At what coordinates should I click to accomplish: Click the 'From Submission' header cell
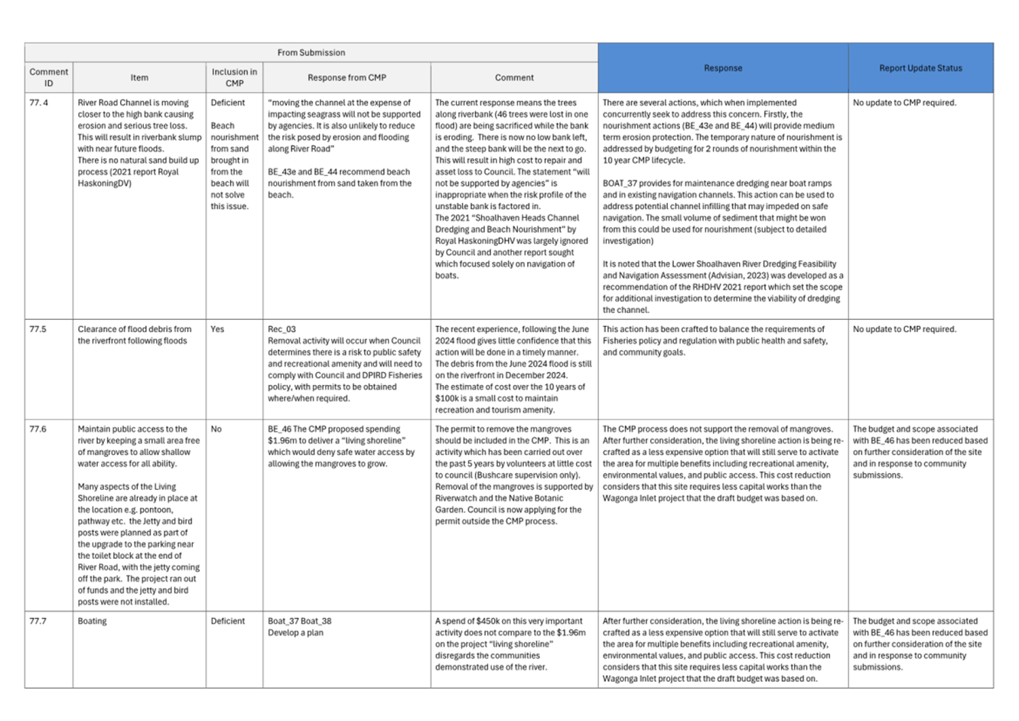point(311,53)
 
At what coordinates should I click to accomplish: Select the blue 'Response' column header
point(722,68)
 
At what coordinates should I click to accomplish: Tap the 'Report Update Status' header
point(920,68)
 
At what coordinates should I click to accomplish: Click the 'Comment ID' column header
point(49,77)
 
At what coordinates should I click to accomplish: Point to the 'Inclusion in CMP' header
point(234,77)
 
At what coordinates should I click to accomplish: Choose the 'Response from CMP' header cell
point(347,77)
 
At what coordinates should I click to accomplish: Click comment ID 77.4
point(38,103)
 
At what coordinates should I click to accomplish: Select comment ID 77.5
point(38,329)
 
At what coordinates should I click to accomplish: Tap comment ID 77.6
point(38,429)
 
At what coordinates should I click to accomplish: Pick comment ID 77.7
point(38,621)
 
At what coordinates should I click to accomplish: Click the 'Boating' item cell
point(92,621)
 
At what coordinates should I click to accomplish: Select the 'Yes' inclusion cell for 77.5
point(217,329)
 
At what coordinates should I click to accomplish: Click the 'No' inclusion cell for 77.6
point(216,429)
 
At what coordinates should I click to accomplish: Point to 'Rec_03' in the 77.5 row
point(282,329)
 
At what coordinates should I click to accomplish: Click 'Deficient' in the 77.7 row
point(228,621)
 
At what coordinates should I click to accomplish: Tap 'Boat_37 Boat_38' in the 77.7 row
point(300,621)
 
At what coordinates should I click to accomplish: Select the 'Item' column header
point(139,77)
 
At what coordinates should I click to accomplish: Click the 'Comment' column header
point(514,77)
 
